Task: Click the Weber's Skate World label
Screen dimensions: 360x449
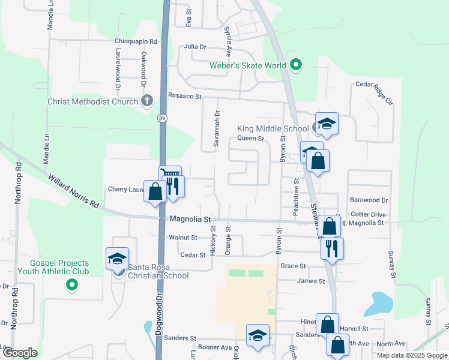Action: [247, 65]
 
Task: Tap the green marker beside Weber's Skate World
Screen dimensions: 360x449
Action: [295, 65]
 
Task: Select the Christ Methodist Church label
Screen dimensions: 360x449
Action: [92, 101]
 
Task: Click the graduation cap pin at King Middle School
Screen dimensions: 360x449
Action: [327, 124]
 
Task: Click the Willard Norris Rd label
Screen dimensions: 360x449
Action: [74, 191]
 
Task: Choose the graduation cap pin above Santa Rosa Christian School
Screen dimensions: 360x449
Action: [117, 259]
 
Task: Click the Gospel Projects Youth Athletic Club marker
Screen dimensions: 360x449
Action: [72, 284]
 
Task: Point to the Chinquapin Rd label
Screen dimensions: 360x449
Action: [136, 41]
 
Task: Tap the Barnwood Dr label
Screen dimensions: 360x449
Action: [369, 200]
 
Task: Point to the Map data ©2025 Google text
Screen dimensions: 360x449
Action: [411, 355]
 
